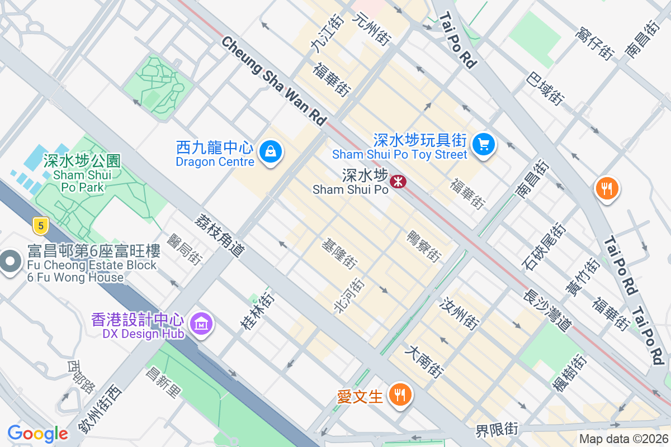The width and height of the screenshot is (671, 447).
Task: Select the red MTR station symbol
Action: pyautogui.click(x=398, y=181)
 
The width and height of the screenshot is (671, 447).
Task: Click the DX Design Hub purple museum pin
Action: pyautogui.click(x=200, y=323)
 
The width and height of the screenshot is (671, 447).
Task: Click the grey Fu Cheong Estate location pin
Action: pyautogui.click(x=10, y=261)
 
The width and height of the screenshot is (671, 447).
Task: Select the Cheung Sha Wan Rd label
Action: pyautogui.click(x=273, y=81)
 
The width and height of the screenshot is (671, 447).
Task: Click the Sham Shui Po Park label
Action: pyautogui.click(x=82, y=174)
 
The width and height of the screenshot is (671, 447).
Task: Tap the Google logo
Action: pyautogui.click(x=37, y=434)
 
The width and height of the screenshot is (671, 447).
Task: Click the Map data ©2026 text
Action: pyautogui.click(x=623, y=439)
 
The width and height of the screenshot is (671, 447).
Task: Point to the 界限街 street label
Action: pyautogui.click(x=497, y=430)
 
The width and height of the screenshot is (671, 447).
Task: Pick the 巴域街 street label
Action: pyautogui.click(x=545, y=88)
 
